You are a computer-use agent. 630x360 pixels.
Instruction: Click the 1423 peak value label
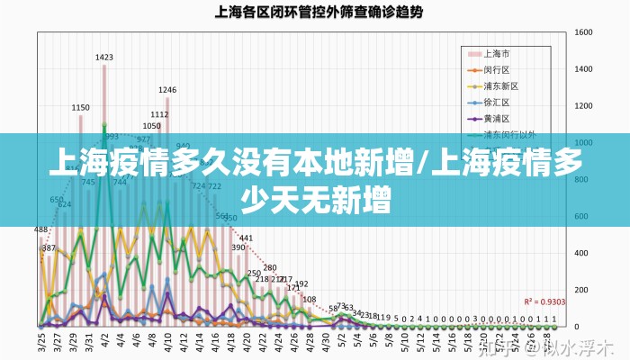[x=104, y=57]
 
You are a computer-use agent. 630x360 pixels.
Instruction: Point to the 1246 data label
[x=167, y=89]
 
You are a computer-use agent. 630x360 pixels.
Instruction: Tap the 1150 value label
[x=81, y=107]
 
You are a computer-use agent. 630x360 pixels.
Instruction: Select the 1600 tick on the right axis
[x=582, y=32]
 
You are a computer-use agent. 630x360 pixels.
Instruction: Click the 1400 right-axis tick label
[x=582, y=69]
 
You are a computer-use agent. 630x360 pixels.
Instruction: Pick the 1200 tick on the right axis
[x=582, y=106]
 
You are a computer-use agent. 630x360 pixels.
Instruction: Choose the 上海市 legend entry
[x=497, y=52]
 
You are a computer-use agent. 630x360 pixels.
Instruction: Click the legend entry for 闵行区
[x=497, y=69]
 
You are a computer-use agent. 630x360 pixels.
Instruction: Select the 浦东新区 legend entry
[x=501, y=85]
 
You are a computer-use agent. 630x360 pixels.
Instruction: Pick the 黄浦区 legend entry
[x=497, y=118]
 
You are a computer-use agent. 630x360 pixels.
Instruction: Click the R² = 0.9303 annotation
[x=545, y=301]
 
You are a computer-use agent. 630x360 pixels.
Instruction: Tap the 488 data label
[x=41, y=229]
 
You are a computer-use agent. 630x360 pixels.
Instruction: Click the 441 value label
[x=246, y=238]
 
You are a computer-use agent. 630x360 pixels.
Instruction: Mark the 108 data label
[x=309, y=299]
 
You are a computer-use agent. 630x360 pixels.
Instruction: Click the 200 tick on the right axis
[x=580, y=290]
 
